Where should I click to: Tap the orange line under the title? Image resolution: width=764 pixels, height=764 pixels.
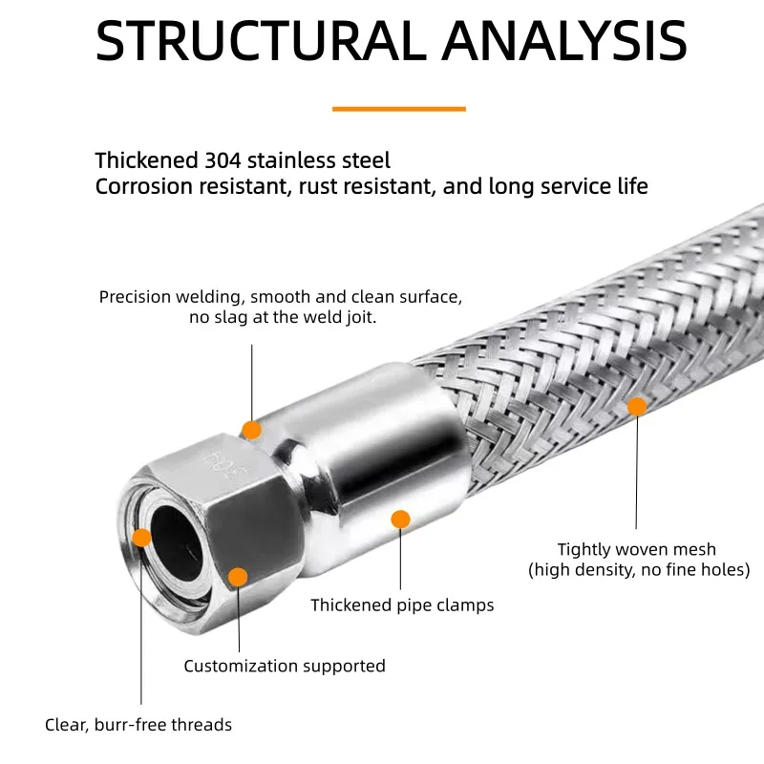pos(398,109)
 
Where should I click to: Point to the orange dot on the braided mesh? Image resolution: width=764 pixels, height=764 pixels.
pos(637,406)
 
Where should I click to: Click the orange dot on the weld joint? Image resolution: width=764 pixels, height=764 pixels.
pos(251,430)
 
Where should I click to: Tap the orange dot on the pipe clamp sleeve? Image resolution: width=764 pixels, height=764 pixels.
pos(401,519)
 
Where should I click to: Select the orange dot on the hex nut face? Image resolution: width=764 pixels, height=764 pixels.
pos(238,577)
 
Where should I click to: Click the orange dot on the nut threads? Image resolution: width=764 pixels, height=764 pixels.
pos(141,537)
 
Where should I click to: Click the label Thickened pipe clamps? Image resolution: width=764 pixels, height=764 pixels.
pos(402,605)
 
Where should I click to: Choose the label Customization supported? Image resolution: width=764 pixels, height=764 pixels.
pos(285,666)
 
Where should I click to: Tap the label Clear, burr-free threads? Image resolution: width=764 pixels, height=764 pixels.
pos(138,725)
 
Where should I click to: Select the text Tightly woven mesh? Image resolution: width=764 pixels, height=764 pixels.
pos(636,549)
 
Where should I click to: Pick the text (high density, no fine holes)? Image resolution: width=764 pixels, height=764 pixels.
pos(639,570)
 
